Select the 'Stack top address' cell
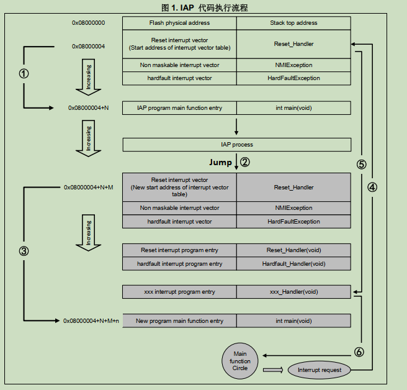293,23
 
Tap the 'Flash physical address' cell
179,23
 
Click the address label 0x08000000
88,23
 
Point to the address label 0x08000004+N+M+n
91,321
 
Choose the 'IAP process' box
237,145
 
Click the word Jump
220,163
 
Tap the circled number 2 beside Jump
244,163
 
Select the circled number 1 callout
24,73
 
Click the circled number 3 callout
24,252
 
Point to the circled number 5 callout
362,165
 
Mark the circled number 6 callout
358,351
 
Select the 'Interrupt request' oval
320,370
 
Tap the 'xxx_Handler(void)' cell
293,292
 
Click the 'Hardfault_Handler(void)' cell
293,264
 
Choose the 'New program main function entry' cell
179,321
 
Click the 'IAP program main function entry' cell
179,108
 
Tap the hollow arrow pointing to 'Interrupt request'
273,370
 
